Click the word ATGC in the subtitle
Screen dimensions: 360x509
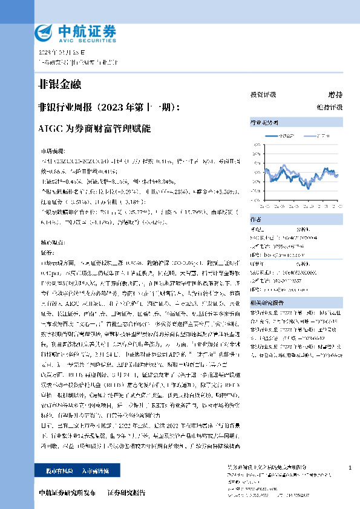48,129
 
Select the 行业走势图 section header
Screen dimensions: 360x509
263,122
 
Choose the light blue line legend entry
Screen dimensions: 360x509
312,136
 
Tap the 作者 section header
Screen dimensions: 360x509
257,220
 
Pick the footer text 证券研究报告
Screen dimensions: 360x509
126,492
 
